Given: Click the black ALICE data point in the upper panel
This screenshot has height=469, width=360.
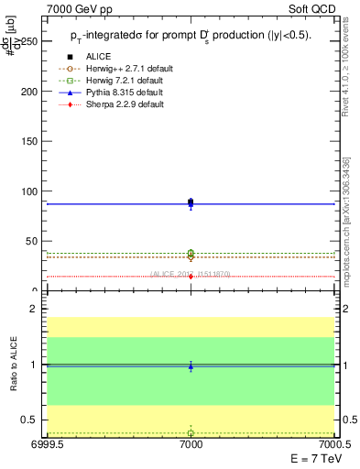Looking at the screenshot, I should [191, 202].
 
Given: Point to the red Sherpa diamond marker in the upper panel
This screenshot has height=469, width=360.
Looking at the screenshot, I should [191, 276].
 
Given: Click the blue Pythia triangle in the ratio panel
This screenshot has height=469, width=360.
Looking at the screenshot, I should [191, 366].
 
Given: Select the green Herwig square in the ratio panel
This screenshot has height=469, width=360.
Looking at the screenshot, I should [191, 433].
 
